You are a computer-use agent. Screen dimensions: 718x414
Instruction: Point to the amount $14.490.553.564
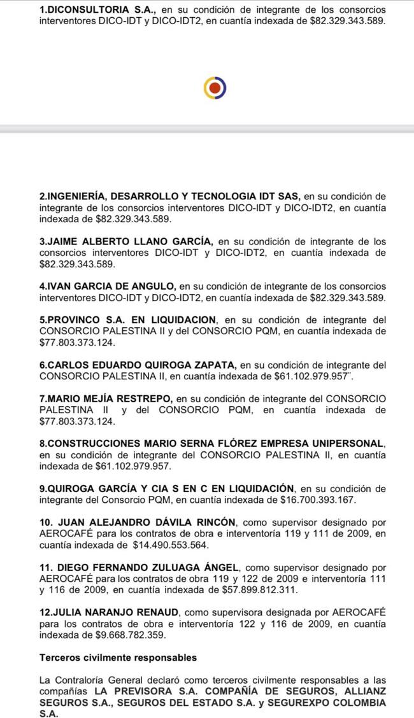[x=171, y=545]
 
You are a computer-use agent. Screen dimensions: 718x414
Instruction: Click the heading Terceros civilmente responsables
[x=118, y=658]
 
